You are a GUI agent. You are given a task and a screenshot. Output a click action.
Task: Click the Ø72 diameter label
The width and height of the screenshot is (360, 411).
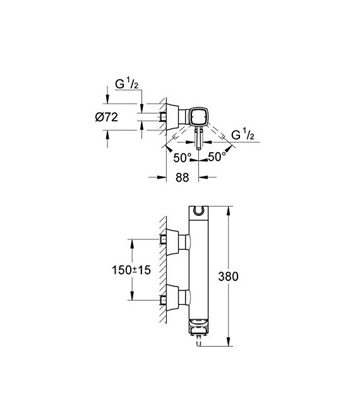point(119,117)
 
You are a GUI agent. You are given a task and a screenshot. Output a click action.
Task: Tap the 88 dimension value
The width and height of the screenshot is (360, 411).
point(182,177)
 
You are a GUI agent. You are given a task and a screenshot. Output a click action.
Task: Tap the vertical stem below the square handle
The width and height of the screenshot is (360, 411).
point(198,139)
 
